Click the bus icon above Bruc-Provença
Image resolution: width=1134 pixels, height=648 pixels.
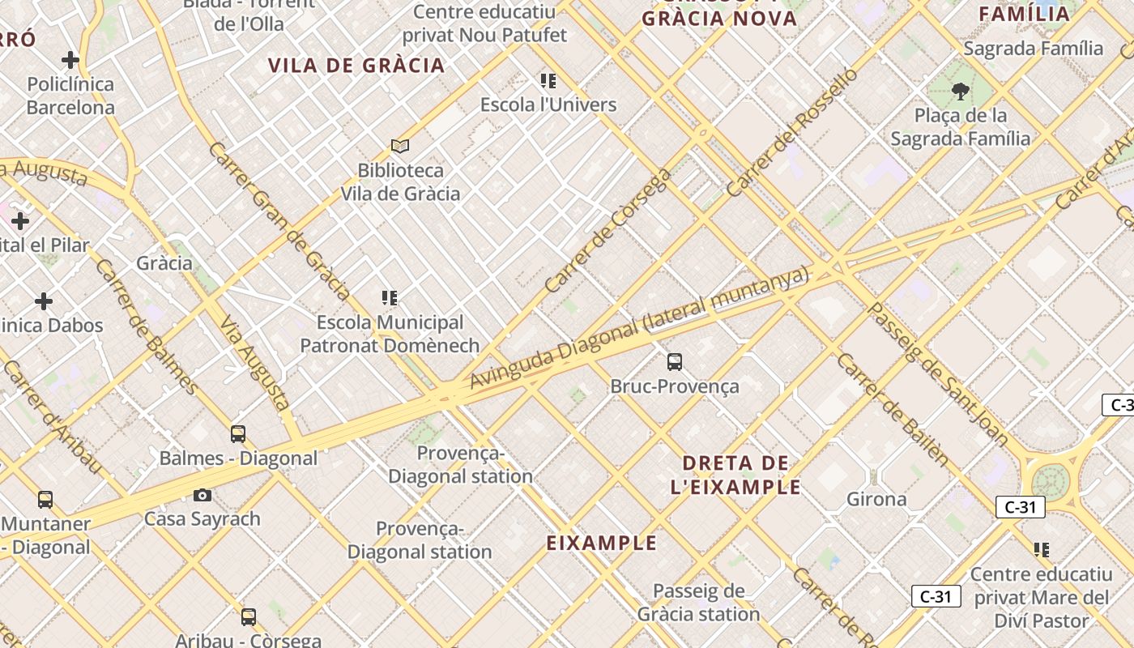675,362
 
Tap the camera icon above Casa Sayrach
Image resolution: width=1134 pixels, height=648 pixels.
202,495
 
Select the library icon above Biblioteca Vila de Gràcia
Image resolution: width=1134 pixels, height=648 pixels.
399,147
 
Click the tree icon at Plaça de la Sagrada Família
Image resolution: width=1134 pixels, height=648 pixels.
961,92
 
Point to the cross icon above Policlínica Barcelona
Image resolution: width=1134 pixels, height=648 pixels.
70,60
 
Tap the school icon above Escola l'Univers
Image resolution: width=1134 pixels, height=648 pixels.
548,81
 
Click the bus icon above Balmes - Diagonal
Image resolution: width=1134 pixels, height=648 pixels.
238,434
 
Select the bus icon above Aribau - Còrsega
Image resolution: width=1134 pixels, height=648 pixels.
249,617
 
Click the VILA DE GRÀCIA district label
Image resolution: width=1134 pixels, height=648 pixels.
356,66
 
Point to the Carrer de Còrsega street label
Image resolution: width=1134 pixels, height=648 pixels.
608,231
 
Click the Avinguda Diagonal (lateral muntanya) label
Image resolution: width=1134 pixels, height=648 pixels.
640,328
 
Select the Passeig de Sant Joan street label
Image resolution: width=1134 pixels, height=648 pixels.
937,374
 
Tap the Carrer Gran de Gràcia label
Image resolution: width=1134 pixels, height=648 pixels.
279,220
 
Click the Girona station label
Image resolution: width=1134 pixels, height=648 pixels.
876,499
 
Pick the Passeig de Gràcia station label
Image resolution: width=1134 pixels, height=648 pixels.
698,603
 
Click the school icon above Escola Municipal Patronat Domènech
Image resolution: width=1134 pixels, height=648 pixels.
390,299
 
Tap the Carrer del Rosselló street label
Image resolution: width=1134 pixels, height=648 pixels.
791,133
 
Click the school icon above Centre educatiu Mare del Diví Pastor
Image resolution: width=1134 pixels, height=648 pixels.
1042,551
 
